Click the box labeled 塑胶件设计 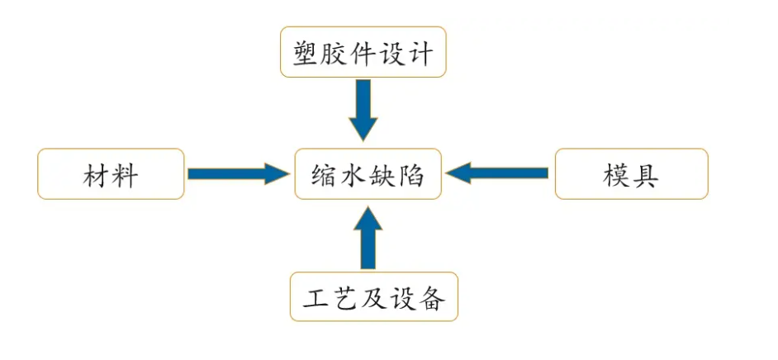[363, 52]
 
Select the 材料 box [111, 174]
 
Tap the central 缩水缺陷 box [368, 174]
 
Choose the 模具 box [631, 174]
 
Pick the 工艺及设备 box [373, 296]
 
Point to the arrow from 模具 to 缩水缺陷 [499, 173]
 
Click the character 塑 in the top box [307, 54]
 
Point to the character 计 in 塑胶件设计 [420, 54]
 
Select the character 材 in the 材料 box [97, 175]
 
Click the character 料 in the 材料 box [126, 175]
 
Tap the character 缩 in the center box [325, 175]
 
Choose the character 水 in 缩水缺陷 [353, 175]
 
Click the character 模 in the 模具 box [617, 175]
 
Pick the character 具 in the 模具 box [646, 175]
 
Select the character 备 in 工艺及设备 [431, 298]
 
